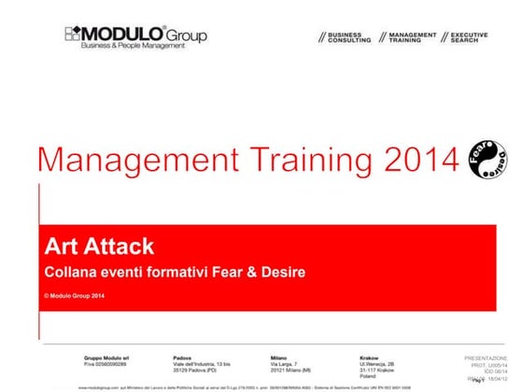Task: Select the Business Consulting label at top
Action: click(345, 37)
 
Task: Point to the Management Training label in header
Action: click(412, 37)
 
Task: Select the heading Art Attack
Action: click(98, 247)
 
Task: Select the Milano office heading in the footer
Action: click(279, 357)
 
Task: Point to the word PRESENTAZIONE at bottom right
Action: click(487, 358)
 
